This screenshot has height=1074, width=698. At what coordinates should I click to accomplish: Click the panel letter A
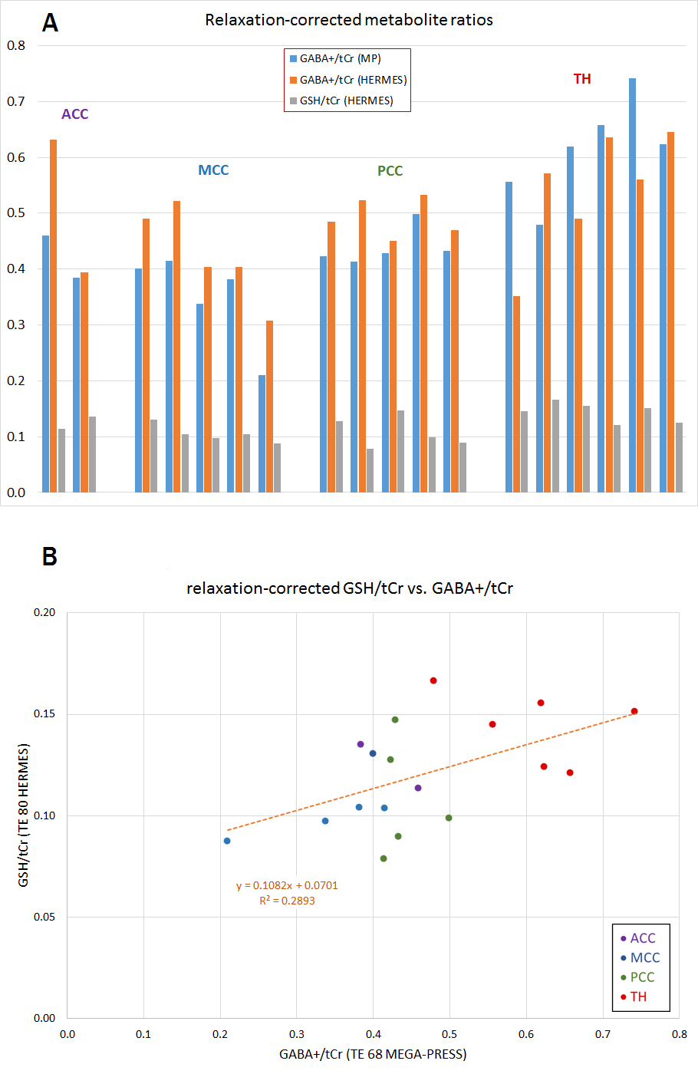pyautogui.click(x=50, y=23)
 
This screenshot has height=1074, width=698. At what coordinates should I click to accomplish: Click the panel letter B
pyautogui.click(x=50, y=556)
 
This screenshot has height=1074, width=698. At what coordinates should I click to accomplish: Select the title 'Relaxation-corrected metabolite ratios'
pyautogui.click(x=349, y=20)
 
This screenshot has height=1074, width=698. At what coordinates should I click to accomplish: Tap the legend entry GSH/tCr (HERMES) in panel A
pyautogui.click(x=346, y=100)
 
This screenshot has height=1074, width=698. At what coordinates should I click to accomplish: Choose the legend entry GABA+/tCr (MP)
pyautogui.click(x=340, y=58)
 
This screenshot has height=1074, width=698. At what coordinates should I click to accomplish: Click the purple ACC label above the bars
pyautogui.click(x=75, y=114)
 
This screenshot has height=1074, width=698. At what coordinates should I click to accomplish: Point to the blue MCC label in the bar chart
pyautogui.click(x=213, y=170)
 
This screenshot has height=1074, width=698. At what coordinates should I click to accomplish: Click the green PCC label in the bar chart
pyautogui.click(x=390, y=171)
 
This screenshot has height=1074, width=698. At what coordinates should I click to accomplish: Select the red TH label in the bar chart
pyautogui.click(x=582, y=79)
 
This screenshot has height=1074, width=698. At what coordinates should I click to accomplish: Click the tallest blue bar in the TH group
pyautogui.click(x=632, y=284)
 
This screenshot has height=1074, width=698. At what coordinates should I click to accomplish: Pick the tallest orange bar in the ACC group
pyautogui.click(x=54, y=315)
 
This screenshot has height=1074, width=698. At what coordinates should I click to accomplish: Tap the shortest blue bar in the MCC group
pyautogui.click(x=262, y=433)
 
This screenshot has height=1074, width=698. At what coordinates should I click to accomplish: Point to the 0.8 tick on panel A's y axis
pyautogui.click(x=16, y=45)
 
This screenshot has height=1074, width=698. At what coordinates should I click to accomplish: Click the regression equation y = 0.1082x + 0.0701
pyautogui.click(x=287, y=885)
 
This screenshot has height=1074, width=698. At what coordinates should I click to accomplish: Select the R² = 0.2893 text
pyautogui.click(x=287, y=901)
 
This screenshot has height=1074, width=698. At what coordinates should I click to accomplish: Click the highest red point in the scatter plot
pyautogui.click(x=433, y=680)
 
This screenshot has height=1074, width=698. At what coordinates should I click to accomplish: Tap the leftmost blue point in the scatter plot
pyautogui.click(x=227, y=841)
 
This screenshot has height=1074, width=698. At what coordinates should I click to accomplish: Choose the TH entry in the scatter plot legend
pyautogui.click(x=638, y=997)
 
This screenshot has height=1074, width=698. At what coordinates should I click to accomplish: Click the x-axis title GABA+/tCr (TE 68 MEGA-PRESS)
pyautogui.click(x=373, y=1054)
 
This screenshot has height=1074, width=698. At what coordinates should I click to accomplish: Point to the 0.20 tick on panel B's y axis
pyautogui.click(x=44, y=612)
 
